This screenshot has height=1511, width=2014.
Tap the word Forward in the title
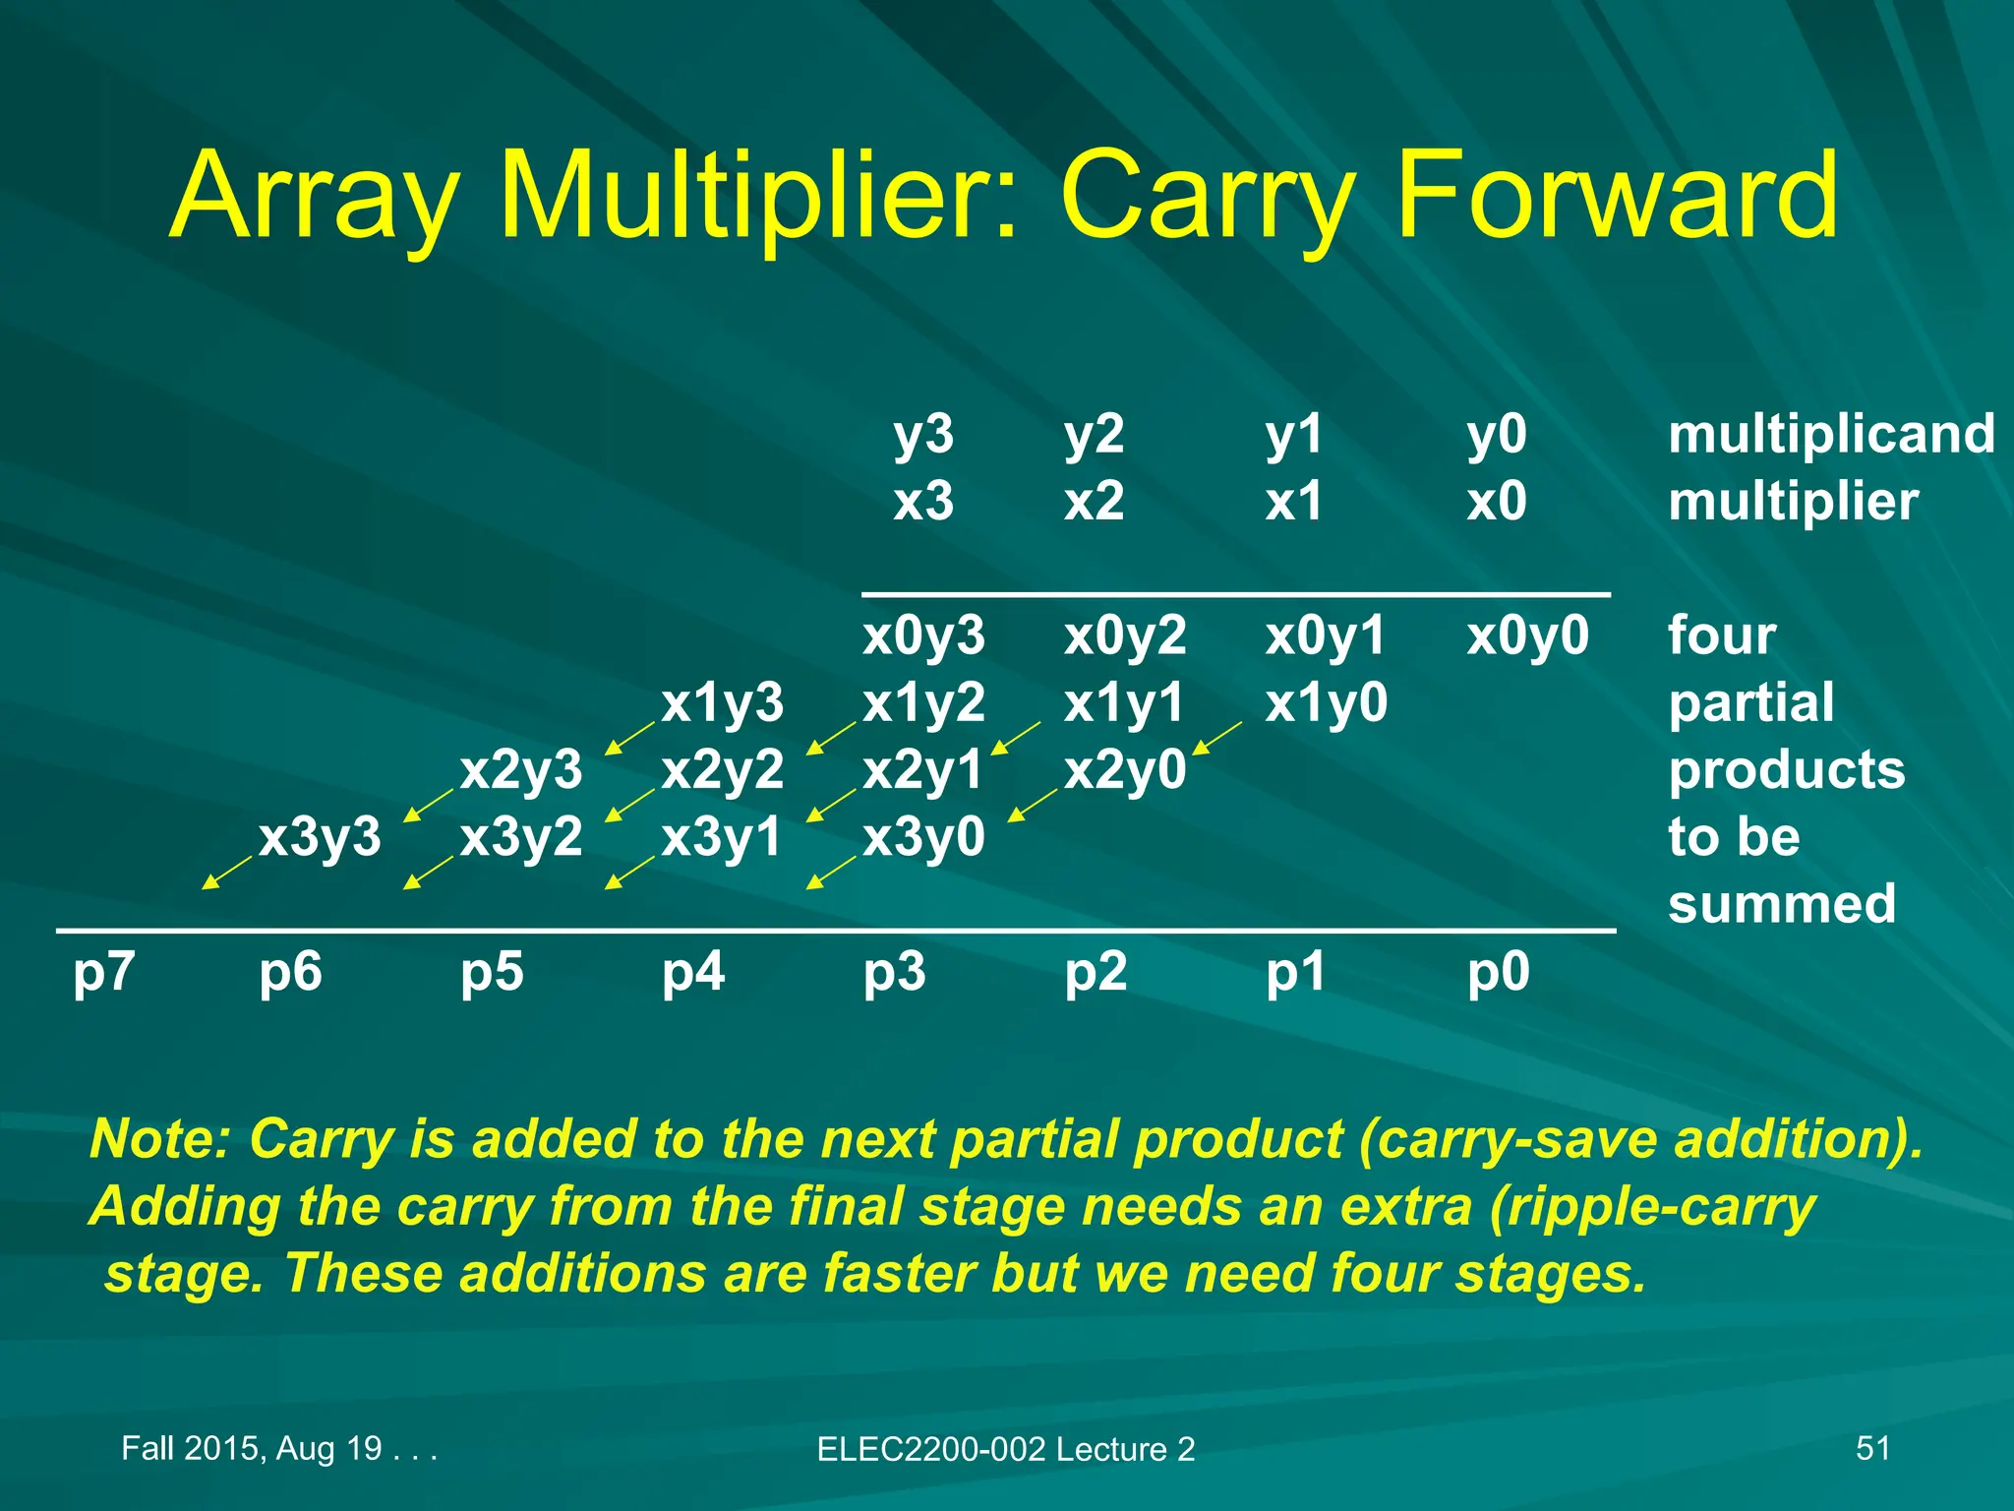[1615, 195]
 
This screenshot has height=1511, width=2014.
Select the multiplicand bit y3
[922, 434]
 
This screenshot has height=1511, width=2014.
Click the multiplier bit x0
[1496, 502]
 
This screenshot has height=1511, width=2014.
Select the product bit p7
[103, 972]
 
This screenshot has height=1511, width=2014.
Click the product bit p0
[1498, 972]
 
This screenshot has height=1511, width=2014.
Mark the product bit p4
[692, 972]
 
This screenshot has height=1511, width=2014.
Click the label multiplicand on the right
[1831, 434]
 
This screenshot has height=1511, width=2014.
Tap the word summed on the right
[1781, 903]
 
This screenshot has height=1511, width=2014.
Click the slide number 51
[1872, 1448]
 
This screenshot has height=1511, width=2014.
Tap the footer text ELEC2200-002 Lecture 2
[1005, 1449]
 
